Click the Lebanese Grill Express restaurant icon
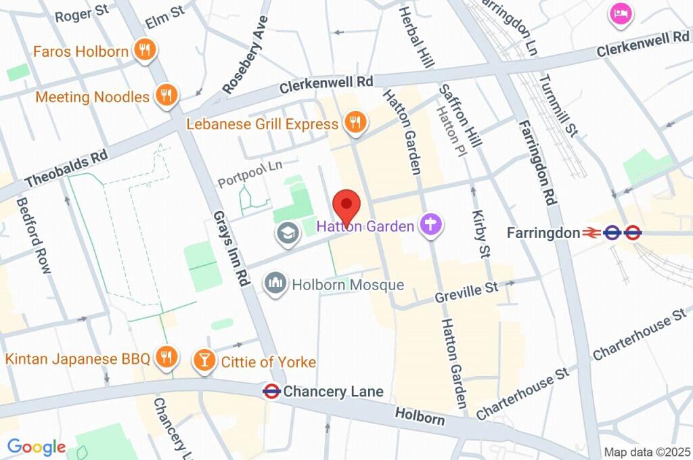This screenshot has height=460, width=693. [355, 124]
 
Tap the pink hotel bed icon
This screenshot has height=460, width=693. [619, 14]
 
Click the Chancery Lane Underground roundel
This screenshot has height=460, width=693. [271, 391]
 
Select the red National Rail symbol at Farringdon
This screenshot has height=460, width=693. [591, 233]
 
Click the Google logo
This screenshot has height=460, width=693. [37, 446]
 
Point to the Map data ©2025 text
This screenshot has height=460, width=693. [647, 452]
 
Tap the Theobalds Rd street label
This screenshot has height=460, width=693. [66, 169]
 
